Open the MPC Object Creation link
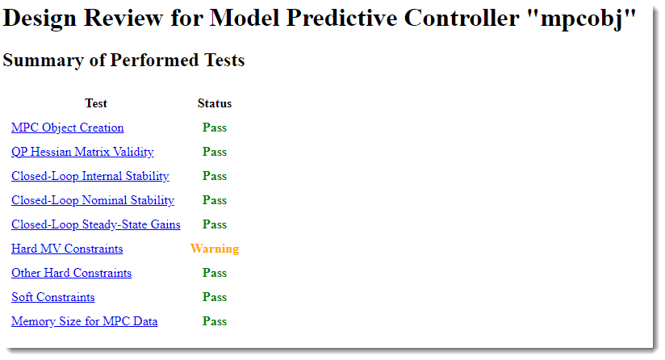(68, 128)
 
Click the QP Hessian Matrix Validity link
(82, 152)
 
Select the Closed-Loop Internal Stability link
(90, 176)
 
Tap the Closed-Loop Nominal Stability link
(93, 200)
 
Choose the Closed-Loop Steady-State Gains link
(96, 224)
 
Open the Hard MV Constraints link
(67, 249)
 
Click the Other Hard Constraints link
(71, 273)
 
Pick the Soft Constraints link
(53, 297)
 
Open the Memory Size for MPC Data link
(85, 321)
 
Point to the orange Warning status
(215, 249)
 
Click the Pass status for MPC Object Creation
(215, 128)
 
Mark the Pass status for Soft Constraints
(215, 297)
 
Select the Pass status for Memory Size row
(215, 321)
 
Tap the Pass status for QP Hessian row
(215, 152)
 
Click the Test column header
(96, 103)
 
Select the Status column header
(215, 103)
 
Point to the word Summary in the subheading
(44, 61)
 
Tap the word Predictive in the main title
(341, 18)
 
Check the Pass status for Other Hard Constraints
(215, 273)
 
